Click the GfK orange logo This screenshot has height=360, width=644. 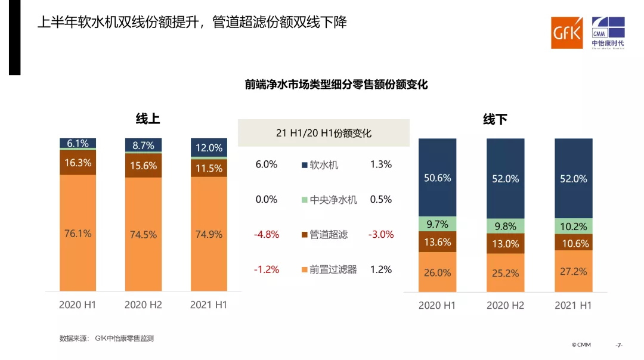tap(566, 33)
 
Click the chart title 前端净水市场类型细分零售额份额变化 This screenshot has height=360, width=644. tap(336, 85)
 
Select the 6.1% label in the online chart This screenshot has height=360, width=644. tap(78, 143)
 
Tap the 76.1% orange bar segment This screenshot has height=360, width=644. tap(78, 233)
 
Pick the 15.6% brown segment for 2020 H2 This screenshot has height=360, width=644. tap(143, 166)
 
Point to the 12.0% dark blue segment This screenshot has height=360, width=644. tap(209, 148)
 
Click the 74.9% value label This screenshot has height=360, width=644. tap(209, 234)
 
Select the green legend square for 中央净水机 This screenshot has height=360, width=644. tap(304, 200)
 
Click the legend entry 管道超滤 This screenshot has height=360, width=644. tap(329, 234)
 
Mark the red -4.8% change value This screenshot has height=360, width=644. tap(267, 234)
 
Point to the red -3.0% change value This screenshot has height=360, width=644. tap(381, 234)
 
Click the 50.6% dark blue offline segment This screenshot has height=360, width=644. tap(437, 178)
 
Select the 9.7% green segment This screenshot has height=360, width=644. tap(437, 224)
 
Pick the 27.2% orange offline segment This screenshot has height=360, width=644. tap(574, 271)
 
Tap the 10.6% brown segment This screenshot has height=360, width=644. tap(574, 243)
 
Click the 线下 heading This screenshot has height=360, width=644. tap(495, 120)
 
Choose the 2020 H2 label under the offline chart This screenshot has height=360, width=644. tap(505, 305)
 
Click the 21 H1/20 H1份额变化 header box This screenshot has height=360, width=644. tap(324, 133)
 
